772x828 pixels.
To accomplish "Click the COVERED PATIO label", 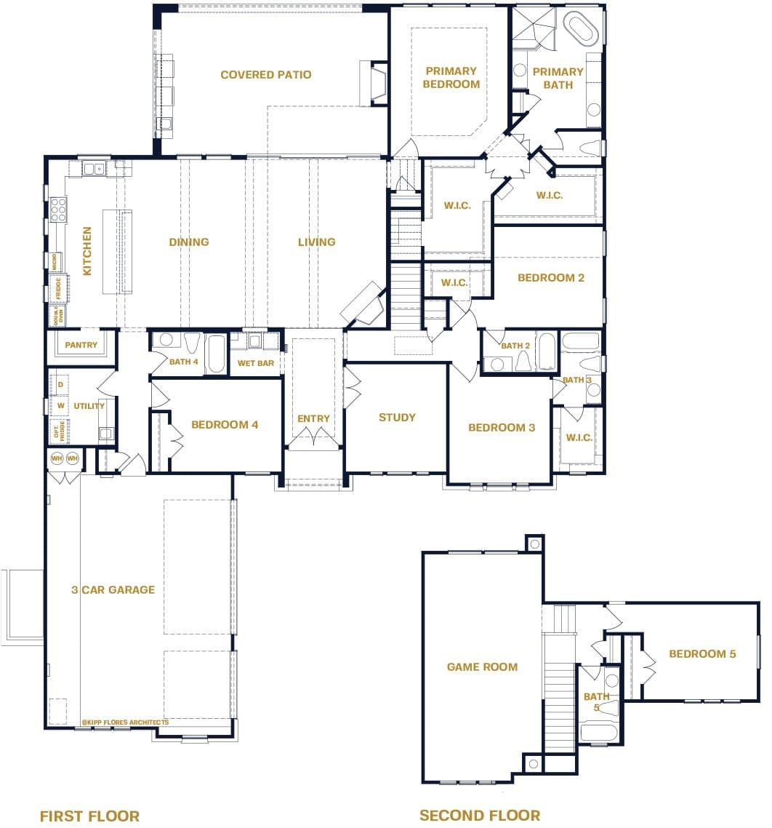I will click(265, 74).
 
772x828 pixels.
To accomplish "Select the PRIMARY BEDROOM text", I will click(451, 77).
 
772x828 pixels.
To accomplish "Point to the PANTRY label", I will click(81, 345).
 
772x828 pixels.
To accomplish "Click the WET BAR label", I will click(256, 363).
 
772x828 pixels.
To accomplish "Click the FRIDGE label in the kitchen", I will click(59, 288).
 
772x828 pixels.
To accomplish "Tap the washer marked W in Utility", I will click(61, 405).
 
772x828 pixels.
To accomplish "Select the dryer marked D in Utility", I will click(61, 384).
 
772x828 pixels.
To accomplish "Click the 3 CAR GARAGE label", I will click(113, 589).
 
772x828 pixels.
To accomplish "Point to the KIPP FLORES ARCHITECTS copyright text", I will click(125, 722).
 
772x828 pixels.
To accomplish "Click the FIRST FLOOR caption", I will click(89, 816).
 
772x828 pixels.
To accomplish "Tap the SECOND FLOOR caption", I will click(480, 815).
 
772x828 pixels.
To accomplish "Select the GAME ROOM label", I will click(482, 666).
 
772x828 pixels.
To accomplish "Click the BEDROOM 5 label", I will click(702, 654).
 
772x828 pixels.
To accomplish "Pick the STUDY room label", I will click(397, 417).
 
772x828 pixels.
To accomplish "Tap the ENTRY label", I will click(313, 418).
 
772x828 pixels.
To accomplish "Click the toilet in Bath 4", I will click(193, 343).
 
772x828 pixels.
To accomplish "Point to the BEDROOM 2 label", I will click(550, 277).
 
